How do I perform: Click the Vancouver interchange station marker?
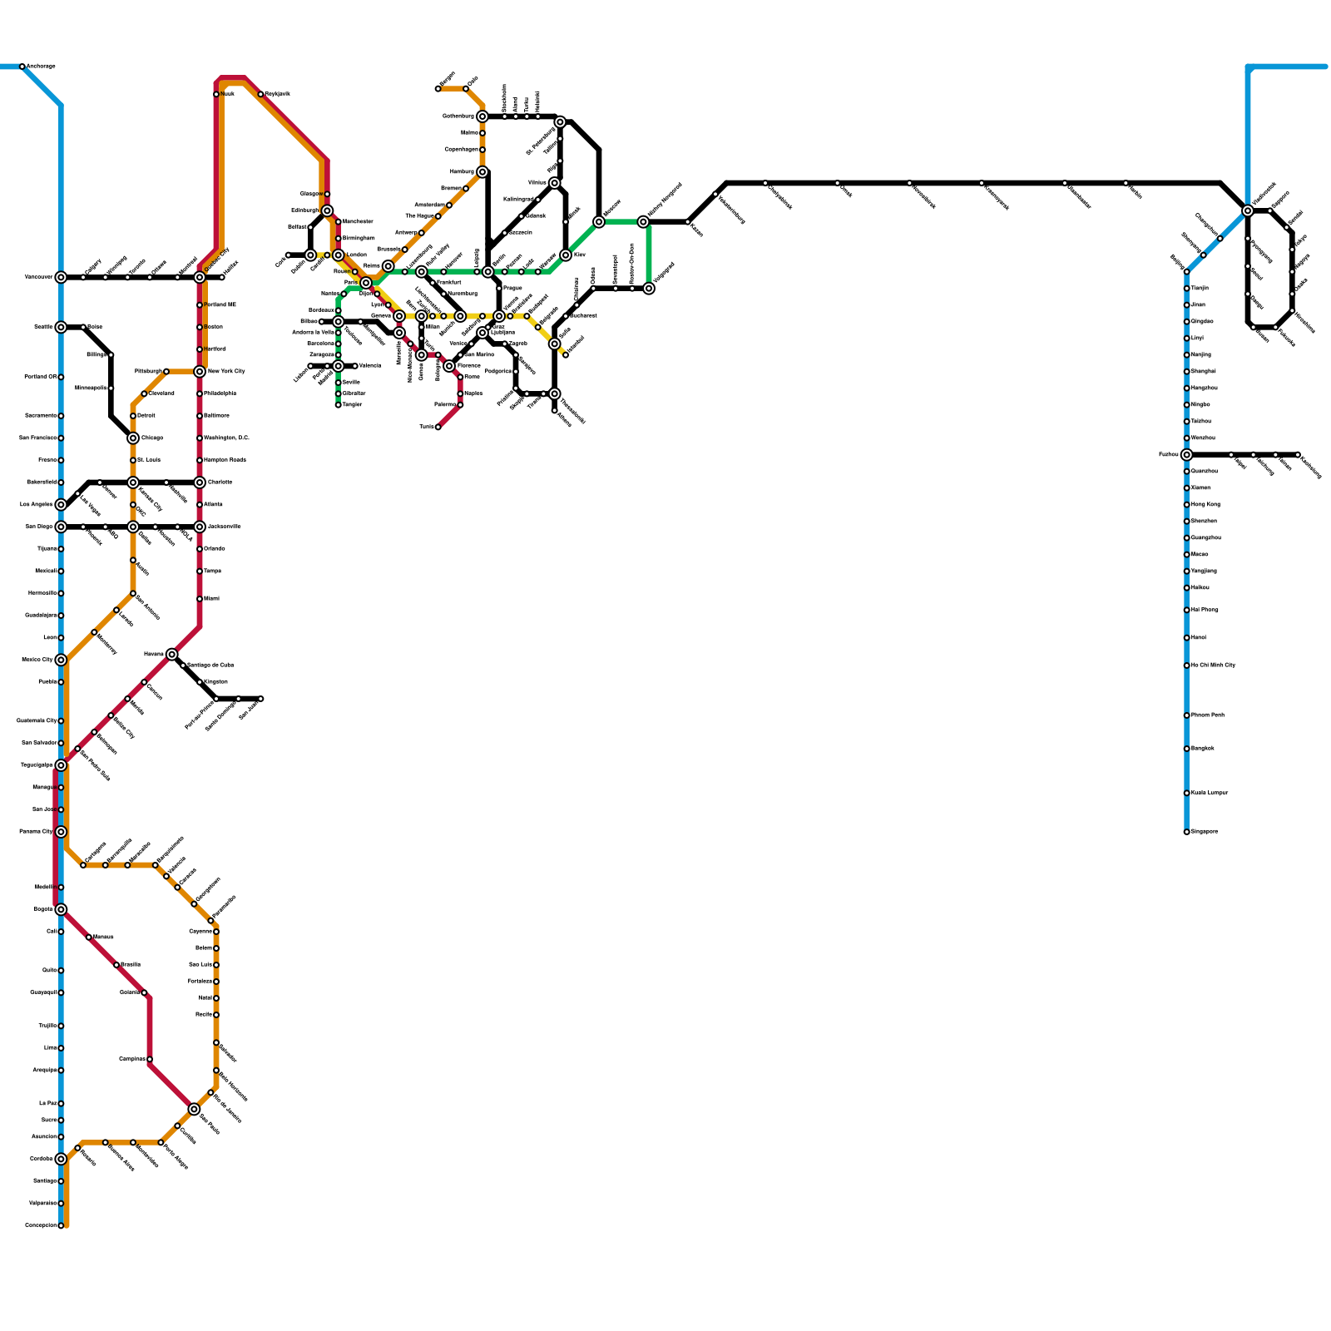[61, 277]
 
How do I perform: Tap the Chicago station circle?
[133, 438]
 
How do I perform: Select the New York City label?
[226, 371]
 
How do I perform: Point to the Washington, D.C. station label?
[226, 438]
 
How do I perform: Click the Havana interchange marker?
[171, 654]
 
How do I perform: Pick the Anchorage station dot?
[22, 67]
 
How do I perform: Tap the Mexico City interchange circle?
[61, 660]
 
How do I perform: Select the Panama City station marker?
[61, 832]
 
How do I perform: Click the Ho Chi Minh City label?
[1213, 665]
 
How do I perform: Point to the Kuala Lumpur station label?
[1210, 793]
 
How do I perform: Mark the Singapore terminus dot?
[1187, 832]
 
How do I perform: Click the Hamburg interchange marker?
[482, 171]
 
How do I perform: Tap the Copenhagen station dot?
[482, 150]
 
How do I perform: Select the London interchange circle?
[339, 255]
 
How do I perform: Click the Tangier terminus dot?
[339, 404]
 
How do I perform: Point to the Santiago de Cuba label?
[210, 665]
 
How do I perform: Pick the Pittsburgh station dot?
[166, 371]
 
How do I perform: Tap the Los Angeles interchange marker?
[61, 504]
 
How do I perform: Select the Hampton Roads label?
[225, 460]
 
